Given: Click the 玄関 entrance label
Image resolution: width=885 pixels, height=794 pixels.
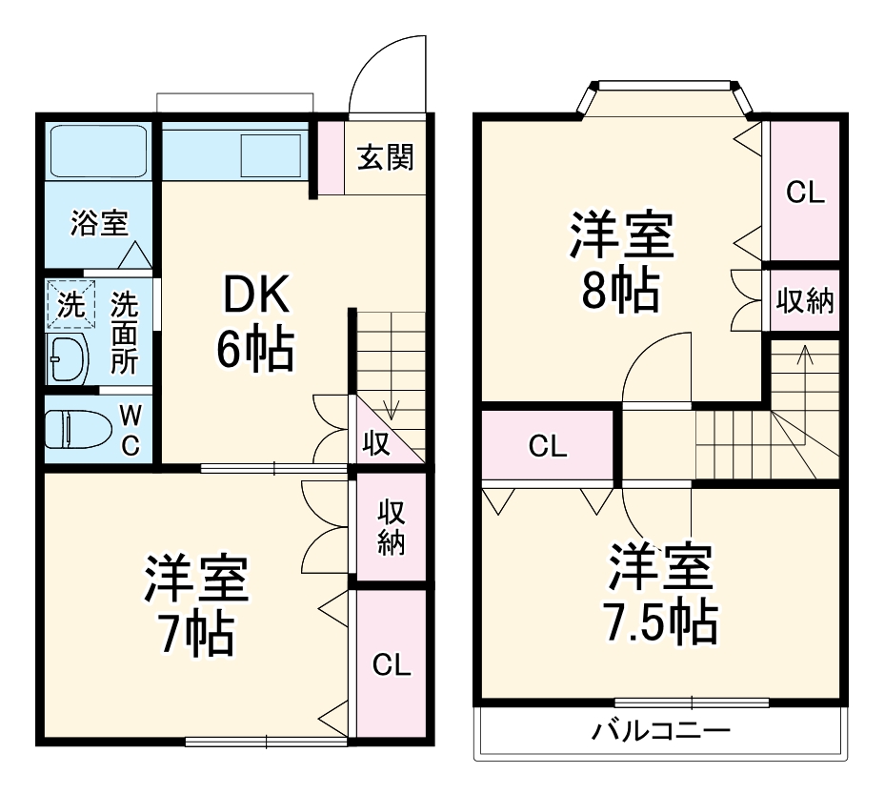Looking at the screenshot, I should click(x=386, y=157).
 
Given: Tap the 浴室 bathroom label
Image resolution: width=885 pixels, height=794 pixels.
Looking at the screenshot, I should click(x=99, y=224).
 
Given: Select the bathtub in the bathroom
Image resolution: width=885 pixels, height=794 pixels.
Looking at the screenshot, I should click(x=97, y=153).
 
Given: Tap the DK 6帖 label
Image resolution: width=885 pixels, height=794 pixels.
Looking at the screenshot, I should click(x=254, y=324).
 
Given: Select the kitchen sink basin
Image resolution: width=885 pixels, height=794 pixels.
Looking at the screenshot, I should click(x=271, y=153).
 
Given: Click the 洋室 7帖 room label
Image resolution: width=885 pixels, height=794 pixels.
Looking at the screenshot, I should click(x=196, y=604).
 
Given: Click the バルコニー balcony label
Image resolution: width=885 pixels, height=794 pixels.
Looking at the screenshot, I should click(x=661, y=733).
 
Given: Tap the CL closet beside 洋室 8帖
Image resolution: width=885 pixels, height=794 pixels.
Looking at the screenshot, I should click(x=804, y=192).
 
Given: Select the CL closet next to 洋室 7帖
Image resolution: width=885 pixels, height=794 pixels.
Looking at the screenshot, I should click(x=391, y=664).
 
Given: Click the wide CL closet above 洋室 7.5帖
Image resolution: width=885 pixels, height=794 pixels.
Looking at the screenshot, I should click(x=548, y=445).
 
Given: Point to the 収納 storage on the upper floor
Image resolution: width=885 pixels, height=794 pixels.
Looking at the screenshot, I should click(x=804, y=301).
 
